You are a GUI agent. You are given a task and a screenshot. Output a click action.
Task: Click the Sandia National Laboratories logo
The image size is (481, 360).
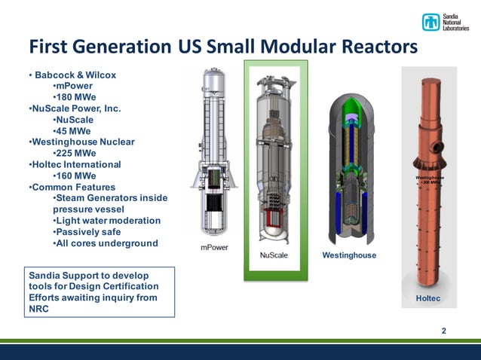pyautogui.click(x=444, y=22)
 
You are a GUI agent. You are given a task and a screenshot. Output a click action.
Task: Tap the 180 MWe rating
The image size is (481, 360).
pyautogui.click(x=75, y=97)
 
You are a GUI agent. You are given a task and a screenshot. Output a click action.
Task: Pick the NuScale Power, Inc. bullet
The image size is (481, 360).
pyautogui.click(x=75, y=108)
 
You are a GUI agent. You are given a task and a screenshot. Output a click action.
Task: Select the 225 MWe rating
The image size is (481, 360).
pyautogui.click(x=75, y=153)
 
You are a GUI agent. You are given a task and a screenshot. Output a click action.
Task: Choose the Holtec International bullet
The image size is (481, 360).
pyautogui.click(x=76, y=164)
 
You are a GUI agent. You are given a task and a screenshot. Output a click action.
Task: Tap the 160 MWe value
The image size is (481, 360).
pyautogui.click(x=75, y=175)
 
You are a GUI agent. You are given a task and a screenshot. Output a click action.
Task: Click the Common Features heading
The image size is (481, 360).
pyautogui.click(x=73, y=187)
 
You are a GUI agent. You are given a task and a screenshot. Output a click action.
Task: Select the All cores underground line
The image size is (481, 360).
pyautogui.click(x=105, y=243)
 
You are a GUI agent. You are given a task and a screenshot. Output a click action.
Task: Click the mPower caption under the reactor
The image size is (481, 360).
pyautogui.click(x=215, y=248)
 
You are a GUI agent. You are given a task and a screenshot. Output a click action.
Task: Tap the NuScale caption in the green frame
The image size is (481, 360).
pyautogui.click(x=273, y=255)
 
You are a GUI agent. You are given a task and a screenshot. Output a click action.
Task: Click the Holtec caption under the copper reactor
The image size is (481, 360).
pyautogui.click(x=427, y=299)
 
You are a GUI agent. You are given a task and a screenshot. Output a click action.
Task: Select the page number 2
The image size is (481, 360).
pyautogui.click(x=443, y=331)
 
